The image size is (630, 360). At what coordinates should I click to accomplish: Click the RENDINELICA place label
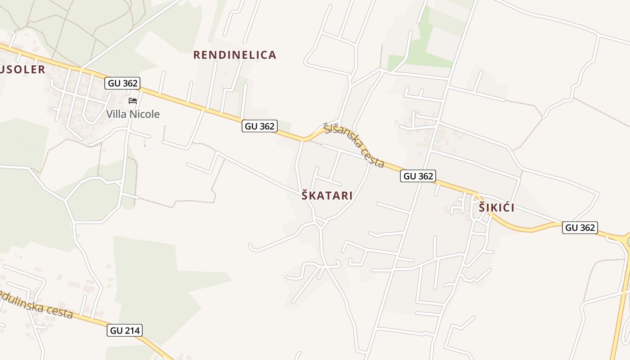[x=234, y=55]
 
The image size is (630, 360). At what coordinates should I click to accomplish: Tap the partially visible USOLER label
[x=22, y=69]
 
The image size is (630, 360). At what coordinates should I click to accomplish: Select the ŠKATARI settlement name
[x=327, y=196]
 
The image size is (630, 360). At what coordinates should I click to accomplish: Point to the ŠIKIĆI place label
[x=496, y=208]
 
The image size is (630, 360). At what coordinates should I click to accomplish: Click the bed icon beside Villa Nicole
[x=133, y=100]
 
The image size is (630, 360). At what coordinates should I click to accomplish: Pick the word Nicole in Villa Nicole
[x=144, y=114]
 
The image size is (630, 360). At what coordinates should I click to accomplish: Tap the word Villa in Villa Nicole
[x=117, y=114]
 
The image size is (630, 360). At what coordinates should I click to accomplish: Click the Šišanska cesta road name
[x=354, y=145]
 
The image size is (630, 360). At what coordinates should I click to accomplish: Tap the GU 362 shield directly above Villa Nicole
[x=122, y=83]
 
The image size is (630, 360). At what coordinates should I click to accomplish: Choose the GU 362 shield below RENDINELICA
[x=259, y=126]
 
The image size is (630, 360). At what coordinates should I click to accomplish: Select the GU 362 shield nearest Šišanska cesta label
[x=418, y=176]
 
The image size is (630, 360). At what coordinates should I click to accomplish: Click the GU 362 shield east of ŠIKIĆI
[x=580, y=228]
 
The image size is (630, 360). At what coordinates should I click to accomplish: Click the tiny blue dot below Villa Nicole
[x=144, y=146]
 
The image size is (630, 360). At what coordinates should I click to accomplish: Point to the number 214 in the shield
[x=132, y=331]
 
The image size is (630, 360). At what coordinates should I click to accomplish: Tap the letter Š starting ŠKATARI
[x=305, y=196]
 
